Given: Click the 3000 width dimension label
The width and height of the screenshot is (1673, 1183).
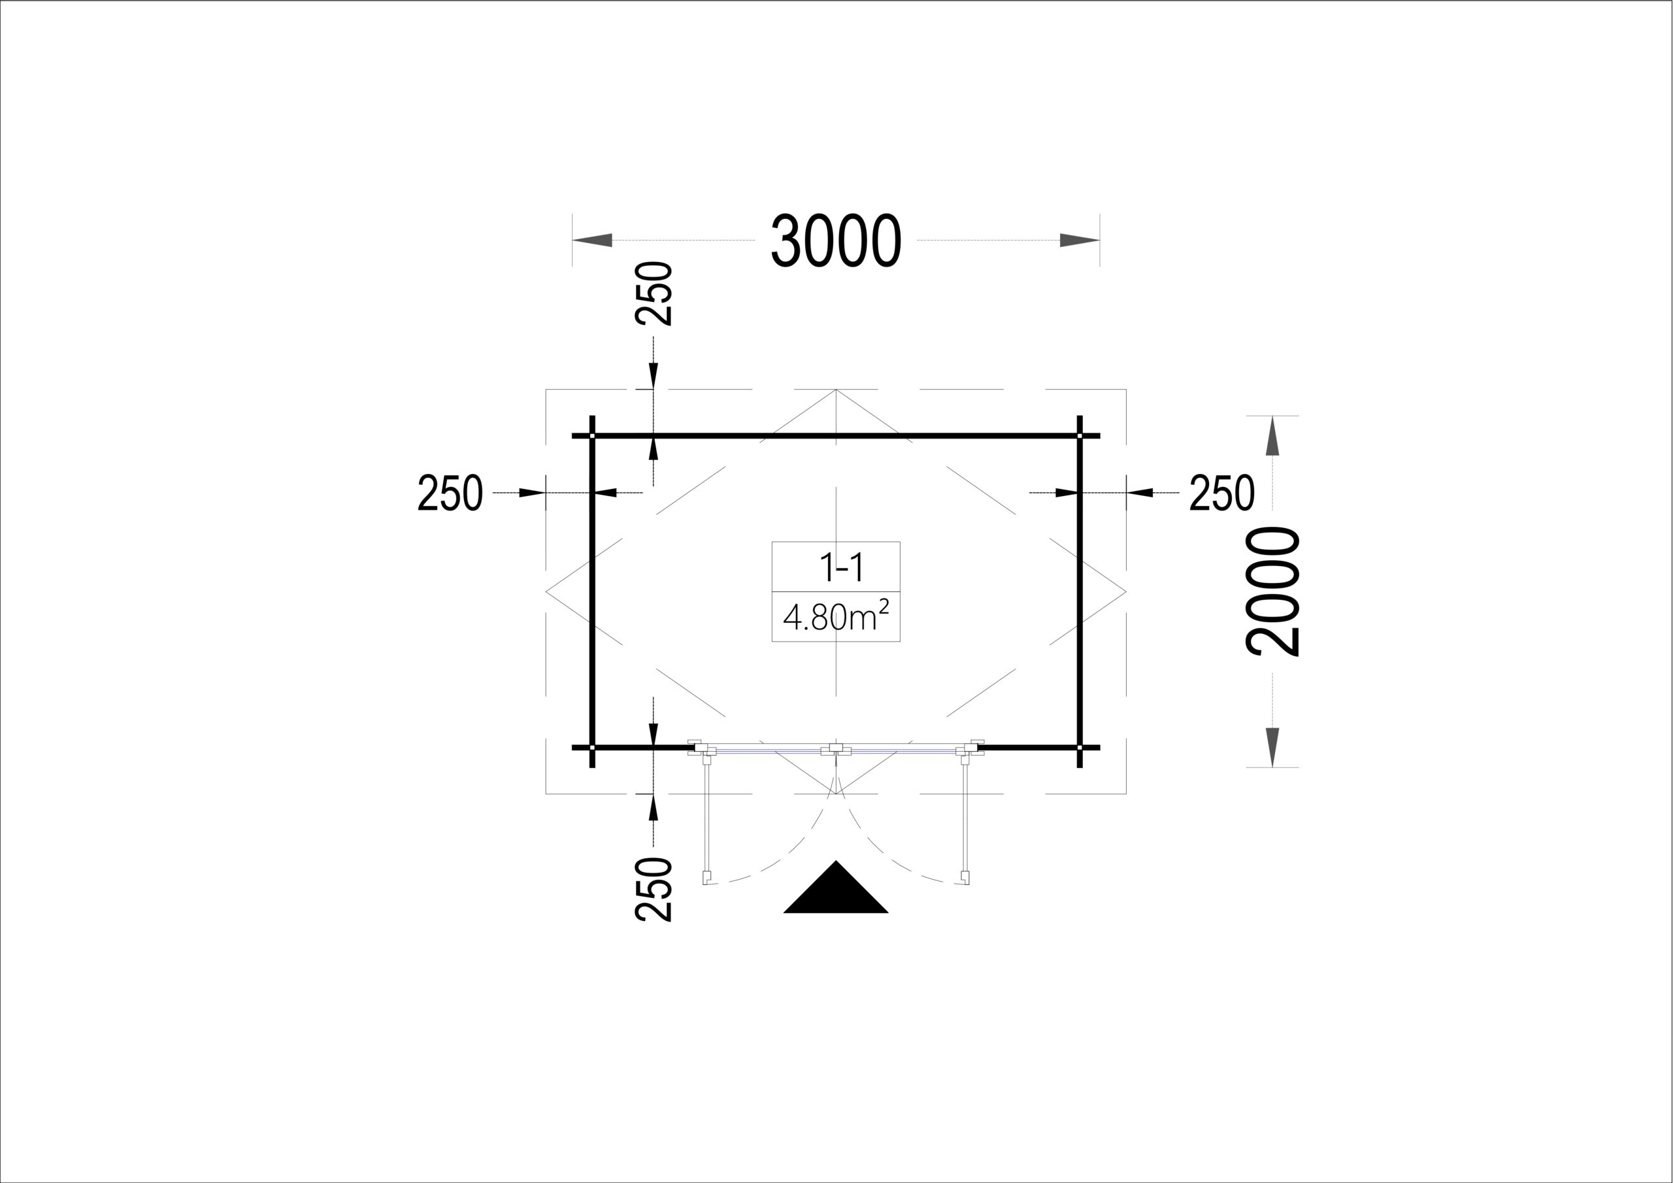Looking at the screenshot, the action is click(x=836, y=241).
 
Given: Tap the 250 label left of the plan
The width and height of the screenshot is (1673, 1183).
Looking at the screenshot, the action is click(x=450, y=493).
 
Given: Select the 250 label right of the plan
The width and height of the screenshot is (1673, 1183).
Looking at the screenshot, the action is click(x=1222, y=493).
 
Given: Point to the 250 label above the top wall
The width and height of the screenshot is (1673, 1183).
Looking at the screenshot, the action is click(x=653, y=293).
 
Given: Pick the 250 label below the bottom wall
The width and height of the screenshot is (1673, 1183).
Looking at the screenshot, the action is click(x=653, y=890).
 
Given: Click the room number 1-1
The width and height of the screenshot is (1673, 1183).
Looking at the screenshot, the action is click(x=842, y=567).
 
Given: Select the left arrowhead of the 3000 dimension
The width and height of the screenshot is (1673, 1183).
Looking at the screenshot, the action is click(x=591, y=241).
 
